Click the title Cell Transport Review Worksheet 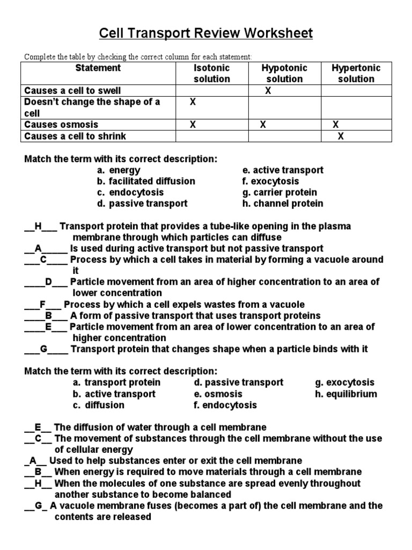pyautogui.click(x=206, y=34)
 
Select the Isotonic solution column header pyautogui.click(x=211, y=74)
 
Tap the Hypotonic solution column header pyautogui.click(x=284, y=74)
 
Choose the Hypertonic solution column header pyautogui.click(x=356, y=74)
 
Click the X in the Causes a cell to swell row pyautogui.click(x=268, y=91)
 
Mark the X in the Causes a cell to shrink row pyautogui.click(x=340, y=136)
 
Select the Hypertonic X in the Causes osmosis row pyautogui.click(x=336, y=125)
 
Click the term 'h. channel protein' pyautogui.click(x=283, y=204)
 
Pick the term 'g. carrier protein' pyautogui.click(x=279, y=192)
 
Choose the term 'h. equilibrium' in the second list pyautogui.click(x=346, y=394)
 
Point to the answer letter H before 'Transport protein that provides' pyautogui.click(x=38, y=226)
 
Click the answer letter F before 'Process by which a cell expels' pyautogui.click(x=42, y=305)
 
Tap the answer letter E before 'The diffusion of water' pyautogui.click(x=38, y=428)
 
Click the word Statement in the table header pyautogui.click(x=98, y=68)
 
